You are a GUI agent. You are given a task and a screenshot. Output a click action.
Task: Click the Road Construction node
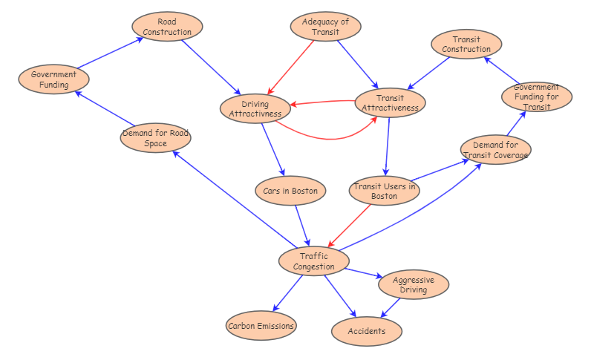pyautogui.click(x=167, y=26)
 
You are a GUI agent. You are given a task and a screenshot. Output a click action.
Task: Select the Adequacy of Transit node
pyautogui.click(x=325, y=26)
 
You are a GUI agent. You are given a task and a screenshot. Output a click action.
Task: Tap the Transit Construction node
pyautogui.click(x=466, y=44)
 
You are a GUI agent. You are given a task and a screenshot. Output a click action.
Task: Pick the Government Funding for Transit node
pyautogui.click(x=536, y=97)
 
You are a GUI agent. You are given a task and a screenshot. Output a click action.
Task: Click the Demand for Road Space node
pyautogui.click(x=155, y=138)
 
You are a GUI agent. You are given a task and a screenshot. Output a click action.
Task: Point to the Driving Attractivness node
pyautogui.click(x=255, y=108)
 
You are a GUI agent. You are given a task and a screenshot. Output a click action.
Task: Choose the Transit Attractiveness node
pyautogui.click(x=390, y=103)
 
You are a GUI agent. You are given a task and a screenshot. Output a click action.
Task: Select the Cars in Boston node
pyautogui.click(x=290, y=191)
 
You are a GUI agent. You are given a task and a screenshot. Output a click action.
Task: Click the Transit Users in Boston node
pyautogui.click(x=384, y=191)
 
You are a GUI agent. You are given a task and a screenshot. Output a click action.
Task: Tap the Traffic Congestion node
pyautogui.click(x=314, y=261)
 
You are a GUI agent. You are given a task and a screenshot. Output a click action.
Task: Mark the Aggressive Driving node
pyautogui.click(x=413, y=284)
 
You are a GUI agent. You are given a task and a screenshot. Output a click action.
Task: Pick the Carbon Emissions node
pyautogui.click(x=261, y=325)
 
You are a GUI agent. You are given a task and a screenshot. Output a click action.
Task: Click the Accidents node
pyautogui.click(x=367, y=331)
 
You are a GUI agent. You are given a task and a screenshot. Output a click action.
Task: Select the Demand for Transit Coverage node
pyautogui.click(x=495, y=150)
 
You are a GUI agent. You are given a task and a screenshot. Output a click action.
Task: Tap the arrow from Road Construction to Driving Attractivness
pyautogui.click(x=211, y=67)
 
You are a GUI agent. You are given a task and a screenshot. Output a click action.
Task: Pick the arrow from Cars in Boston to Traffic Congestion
pyautogui.click(x=302, y=225)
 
